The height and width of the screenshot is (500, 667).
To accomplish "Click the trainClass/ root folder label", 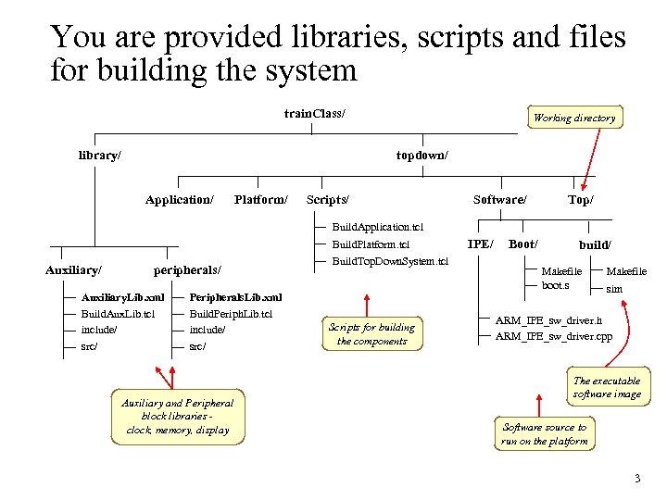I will coord(315,114).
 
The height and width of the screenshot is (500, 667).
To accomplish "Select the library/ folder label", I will coord(99,156).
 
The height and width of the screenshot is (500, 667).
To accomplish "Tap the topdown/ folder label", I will coord(422,156).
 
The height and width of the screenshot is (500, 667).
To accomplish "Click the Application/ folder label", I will coord(179,200).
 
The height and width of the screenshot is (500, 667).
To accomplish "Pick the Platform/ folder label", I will coord(260,200).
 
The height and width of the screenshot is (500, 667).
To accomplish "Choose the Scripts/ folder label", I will coord(327,200).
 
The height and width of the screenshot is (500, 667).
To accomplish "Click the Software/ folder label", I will coord(499,200).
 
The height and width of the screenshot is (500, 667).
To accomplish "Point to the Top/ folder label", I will coord(581,200).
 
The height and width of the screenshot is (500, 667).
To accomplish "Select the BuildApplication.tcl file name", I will coord(378,227).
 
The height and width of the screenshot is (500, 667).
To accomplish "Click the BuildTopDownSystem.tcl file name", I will coord(389,262).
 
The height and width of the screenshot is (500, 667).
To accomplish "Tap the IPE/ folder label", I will coord(480,244).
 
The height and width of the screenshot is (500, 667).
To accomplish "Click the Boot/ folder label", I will coord(523,244).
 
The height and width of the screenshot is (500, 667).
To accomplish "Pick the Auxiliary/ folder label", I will coord(73,270).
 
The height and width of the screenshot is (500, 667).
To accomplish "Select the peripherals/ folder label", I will coord(187,270).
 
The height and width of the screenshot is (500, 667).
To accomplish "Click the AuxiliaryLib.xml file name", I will coord(123,297).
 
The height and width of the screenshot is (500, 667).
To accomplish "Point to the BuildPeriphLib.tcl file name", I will coord(231,314).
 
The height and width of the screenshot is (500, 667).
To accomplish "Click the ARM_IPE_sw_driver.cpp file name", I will coord(553,335).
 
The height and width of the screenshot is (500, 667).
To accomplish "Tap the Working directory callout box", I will coord(574,118).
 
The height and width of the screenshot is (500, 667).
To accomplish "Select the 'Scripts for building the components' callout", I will coord(371,333).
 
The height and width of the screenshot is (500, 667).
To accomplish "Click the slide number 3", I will coord(636,479).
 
